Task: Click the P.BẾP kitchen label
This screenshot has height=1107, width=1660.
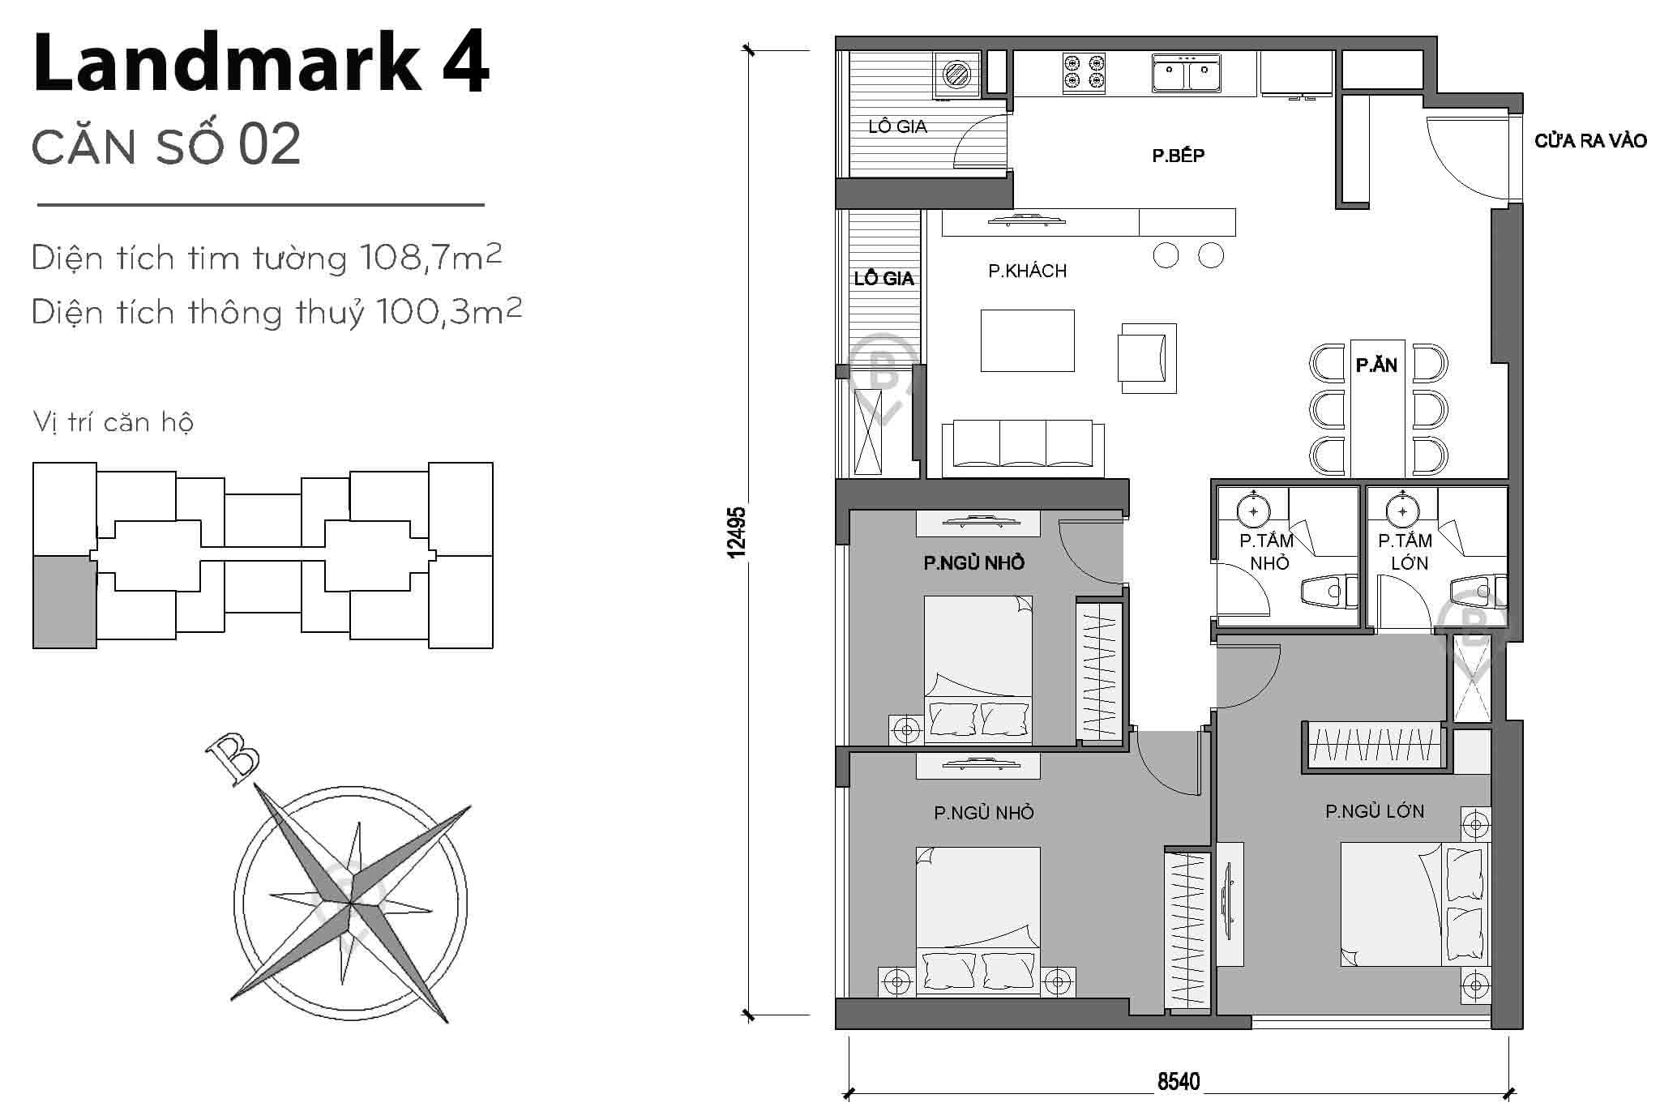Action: [1178, 156]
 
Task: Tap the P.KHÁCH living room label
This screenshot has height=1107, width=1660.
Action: [1027, 271]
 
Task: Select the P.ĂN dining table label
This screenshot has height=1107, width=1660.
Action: [1376, 365]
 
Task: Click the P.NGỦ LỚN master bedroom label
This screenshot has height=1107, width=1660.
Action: [1375, 811]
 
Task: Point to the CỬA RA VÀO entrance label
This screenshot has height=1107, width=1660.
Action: [1590, 142]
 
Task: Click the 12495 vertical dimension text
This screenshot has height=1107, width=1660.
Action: [736, 532]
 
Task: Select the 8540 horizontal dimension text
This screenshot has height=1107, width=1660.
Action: [1179, 1082]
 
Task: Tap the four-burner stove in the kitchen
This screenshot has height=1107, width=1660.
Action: [1085, 71]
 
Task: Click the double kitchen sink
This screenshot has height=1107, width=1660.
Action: [1187, 74]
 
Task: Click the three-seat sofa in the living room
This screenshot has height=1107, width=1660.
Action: [1023, 444]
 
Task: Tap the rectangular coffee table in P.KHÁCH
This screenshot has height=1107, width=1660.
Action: [1027, 340]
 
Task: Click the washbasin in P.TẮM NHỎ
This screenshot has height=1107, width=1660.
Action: [1254, 510]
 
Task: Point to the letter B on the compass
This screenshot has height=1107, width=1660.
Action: [233, 759]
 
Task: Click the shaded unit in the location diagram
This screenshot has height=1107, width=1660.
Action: [64, 602]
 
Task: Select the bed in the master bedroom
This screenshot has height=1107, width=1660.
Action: [1414, 904]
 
